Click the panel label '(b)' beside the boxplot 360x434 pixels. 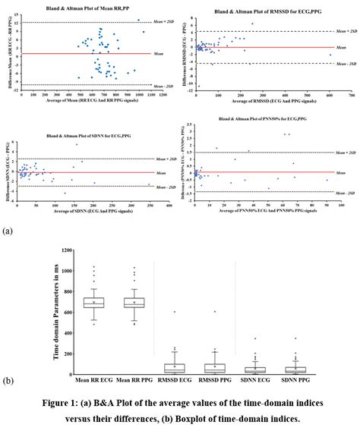[8, 379]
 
